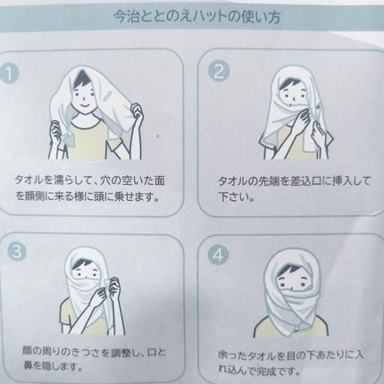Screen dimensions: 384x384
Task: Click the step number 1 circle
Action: (10, 74)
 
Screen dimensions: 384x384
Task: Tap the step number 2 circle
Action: (219, 71)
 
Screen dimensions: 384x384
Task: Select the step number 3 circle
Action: (16, 252)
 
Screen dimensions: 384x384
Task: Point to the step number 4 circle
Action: (218, 255)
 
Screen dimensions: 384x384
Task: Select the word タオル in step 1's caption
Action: (30, 180)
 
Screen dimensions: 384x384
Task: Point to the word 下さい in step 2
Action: (233, 197)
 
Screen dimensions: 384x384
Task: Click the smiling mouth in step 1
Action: (84, 106)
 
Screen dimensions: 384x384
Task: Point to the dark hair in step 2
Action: (288, 83)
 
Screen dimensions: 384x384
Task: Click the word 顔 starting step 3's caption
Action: (28, 352)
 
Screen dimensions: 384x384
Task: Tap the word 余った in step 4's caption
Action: (233, 355)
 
